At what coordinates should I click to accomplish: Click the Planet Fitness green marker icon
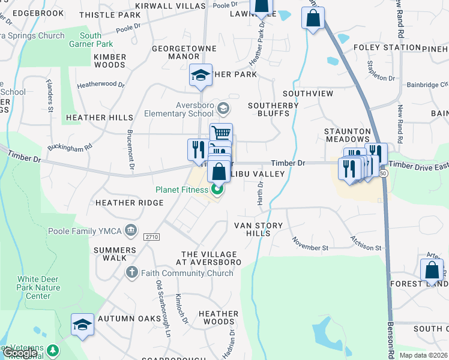217,191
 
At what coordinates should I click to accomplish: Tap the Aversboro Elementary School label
178,109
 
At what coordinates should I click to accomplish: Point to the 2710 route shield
151,238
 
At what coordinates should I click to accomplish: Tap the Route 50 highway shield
383,173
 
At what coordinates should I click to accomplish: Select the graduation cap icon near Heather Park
200,75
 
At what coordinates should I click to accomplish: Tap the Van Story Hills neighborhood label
256,229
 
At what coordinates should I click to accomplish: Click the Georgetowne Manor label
175,52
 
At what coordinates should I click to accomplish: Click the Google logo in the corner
19,353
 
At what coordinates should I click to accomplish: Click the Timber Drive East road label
418,165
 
